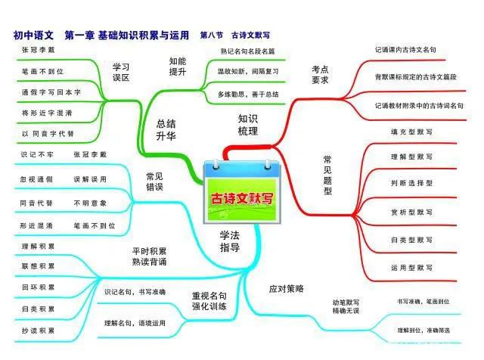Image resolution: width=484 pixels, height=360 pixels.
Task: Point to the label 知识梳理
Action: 248,125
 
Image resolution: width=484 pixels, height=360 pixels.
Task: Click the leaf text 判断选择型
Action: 411,182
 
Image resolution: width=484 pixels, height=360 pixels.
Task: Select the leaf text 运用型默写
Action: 411,267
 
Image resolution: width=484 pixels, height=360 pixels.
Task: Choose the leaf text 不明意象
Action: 89,203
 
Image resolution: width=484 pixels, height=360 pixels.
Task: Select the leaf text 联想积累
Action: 37,266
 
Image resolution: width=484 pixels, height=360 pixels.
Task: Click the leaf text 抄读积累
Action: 37,331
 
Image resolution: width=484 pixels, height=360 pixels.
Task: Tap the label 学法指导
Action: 230,241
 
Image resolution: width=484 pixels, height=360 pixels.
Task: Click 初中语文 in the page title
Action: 33,35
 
